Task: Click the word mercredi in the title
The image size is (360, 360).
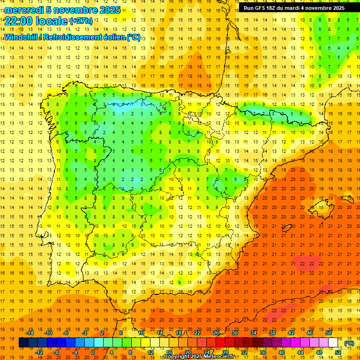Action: click(x=24, y=10)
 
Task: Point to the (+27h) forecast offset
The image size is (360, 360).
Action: click(x=81, y=21)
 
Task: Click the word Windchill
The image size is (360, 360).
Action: click(x=20, y=37)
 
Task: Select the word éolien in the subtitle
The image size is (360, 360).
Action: click(x=116, y=37)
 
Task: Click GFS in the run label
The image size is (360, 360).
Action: click(x=262, y=8)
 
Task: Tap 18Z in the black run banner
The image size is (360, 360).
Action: click(x=277, y=8)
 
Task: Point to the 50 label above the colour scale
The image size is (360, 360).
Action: click(x=329, y=333)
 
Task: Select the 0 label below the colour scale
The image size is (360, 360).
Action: click(x=93, y=352)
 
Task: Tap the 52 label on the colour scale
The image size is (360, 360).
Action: click(x=338, y=352)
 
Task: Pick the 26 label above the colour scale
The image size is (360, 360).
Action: click(x=216, y=333)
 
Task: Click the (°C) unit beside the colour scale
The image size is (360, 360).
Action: click(x=349, y=343)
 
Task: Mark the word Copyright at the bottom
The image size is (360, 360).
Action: click(x=177, y=357)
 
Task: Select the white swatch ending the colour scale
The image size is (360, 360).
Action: click(x=333, y=343)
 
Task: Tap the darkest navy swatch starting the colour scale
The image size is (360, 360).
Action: click(x=23, y=343)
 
